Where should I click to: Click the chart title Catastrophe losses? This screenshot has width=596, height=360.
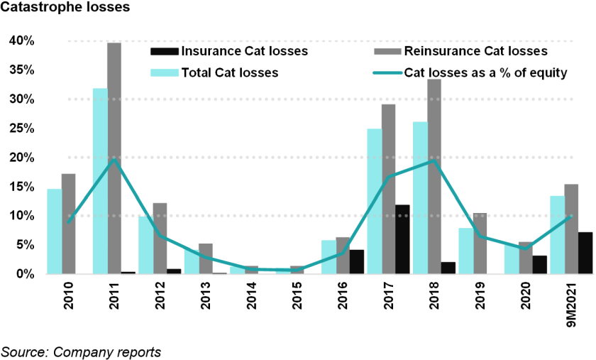point(56,10)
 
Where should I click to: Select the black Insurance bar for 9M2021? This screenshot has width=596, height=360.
point(585,252)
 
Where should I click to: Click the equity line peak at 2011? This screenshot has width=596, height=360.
point(114,160)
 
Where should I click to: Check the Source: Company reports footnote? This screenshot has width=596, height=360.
point(81,351)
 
